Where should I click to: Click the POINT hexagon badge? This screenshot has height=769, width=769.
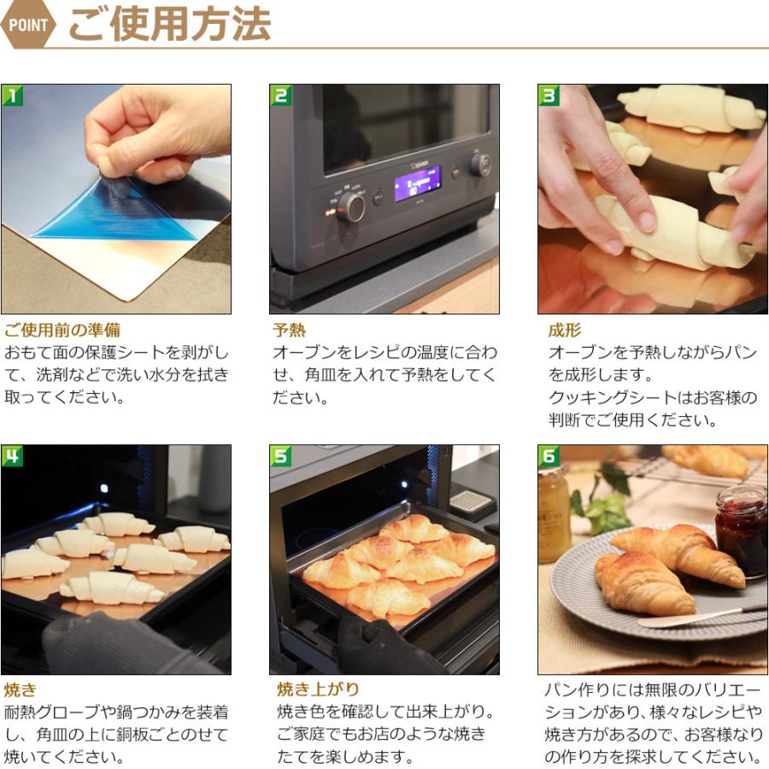click(28, 25)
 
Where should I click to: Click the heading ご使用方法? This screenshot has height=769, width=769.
click(170, 24)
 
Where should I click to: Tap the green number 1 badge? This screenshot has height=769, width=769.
click(12, 95)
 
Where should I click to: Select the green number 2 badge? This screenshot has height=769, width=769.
click(280, 95)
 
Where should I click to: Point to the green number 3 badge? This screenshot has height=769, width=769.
click(549, 95)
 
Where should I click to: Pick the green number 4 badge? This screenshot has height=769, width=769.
click(12, 456)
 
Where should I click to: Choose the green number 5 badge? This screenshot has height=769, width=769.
click(280, 456)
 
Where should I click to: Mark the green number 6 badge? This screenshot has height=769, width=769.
click(549, 456)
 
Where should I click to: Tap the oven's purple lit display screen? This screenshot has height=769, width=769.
click(418, 184)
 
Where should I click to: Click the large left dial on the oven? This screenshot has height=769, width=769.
click(351, 207)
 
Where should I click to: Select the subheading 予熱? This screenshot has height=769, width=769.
click(289, 330)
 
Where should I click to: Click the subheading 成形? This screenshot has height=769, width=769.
click(565, 330)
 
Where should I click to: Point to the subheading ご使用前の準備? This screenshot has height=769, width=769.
click(62, 330)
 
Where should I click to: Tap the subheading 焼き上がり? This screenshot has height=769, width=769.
click(318, 690)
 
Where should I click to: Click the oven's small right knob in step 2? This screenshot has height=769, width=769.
click(480, 164)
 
